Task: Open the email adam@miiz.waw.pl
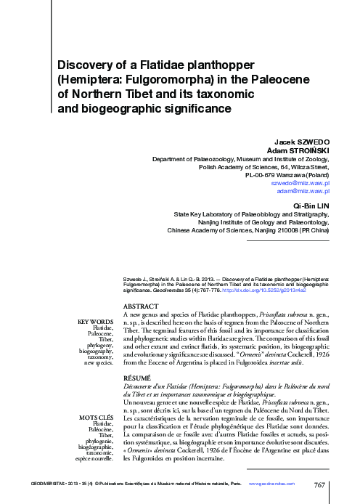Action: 304,192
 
